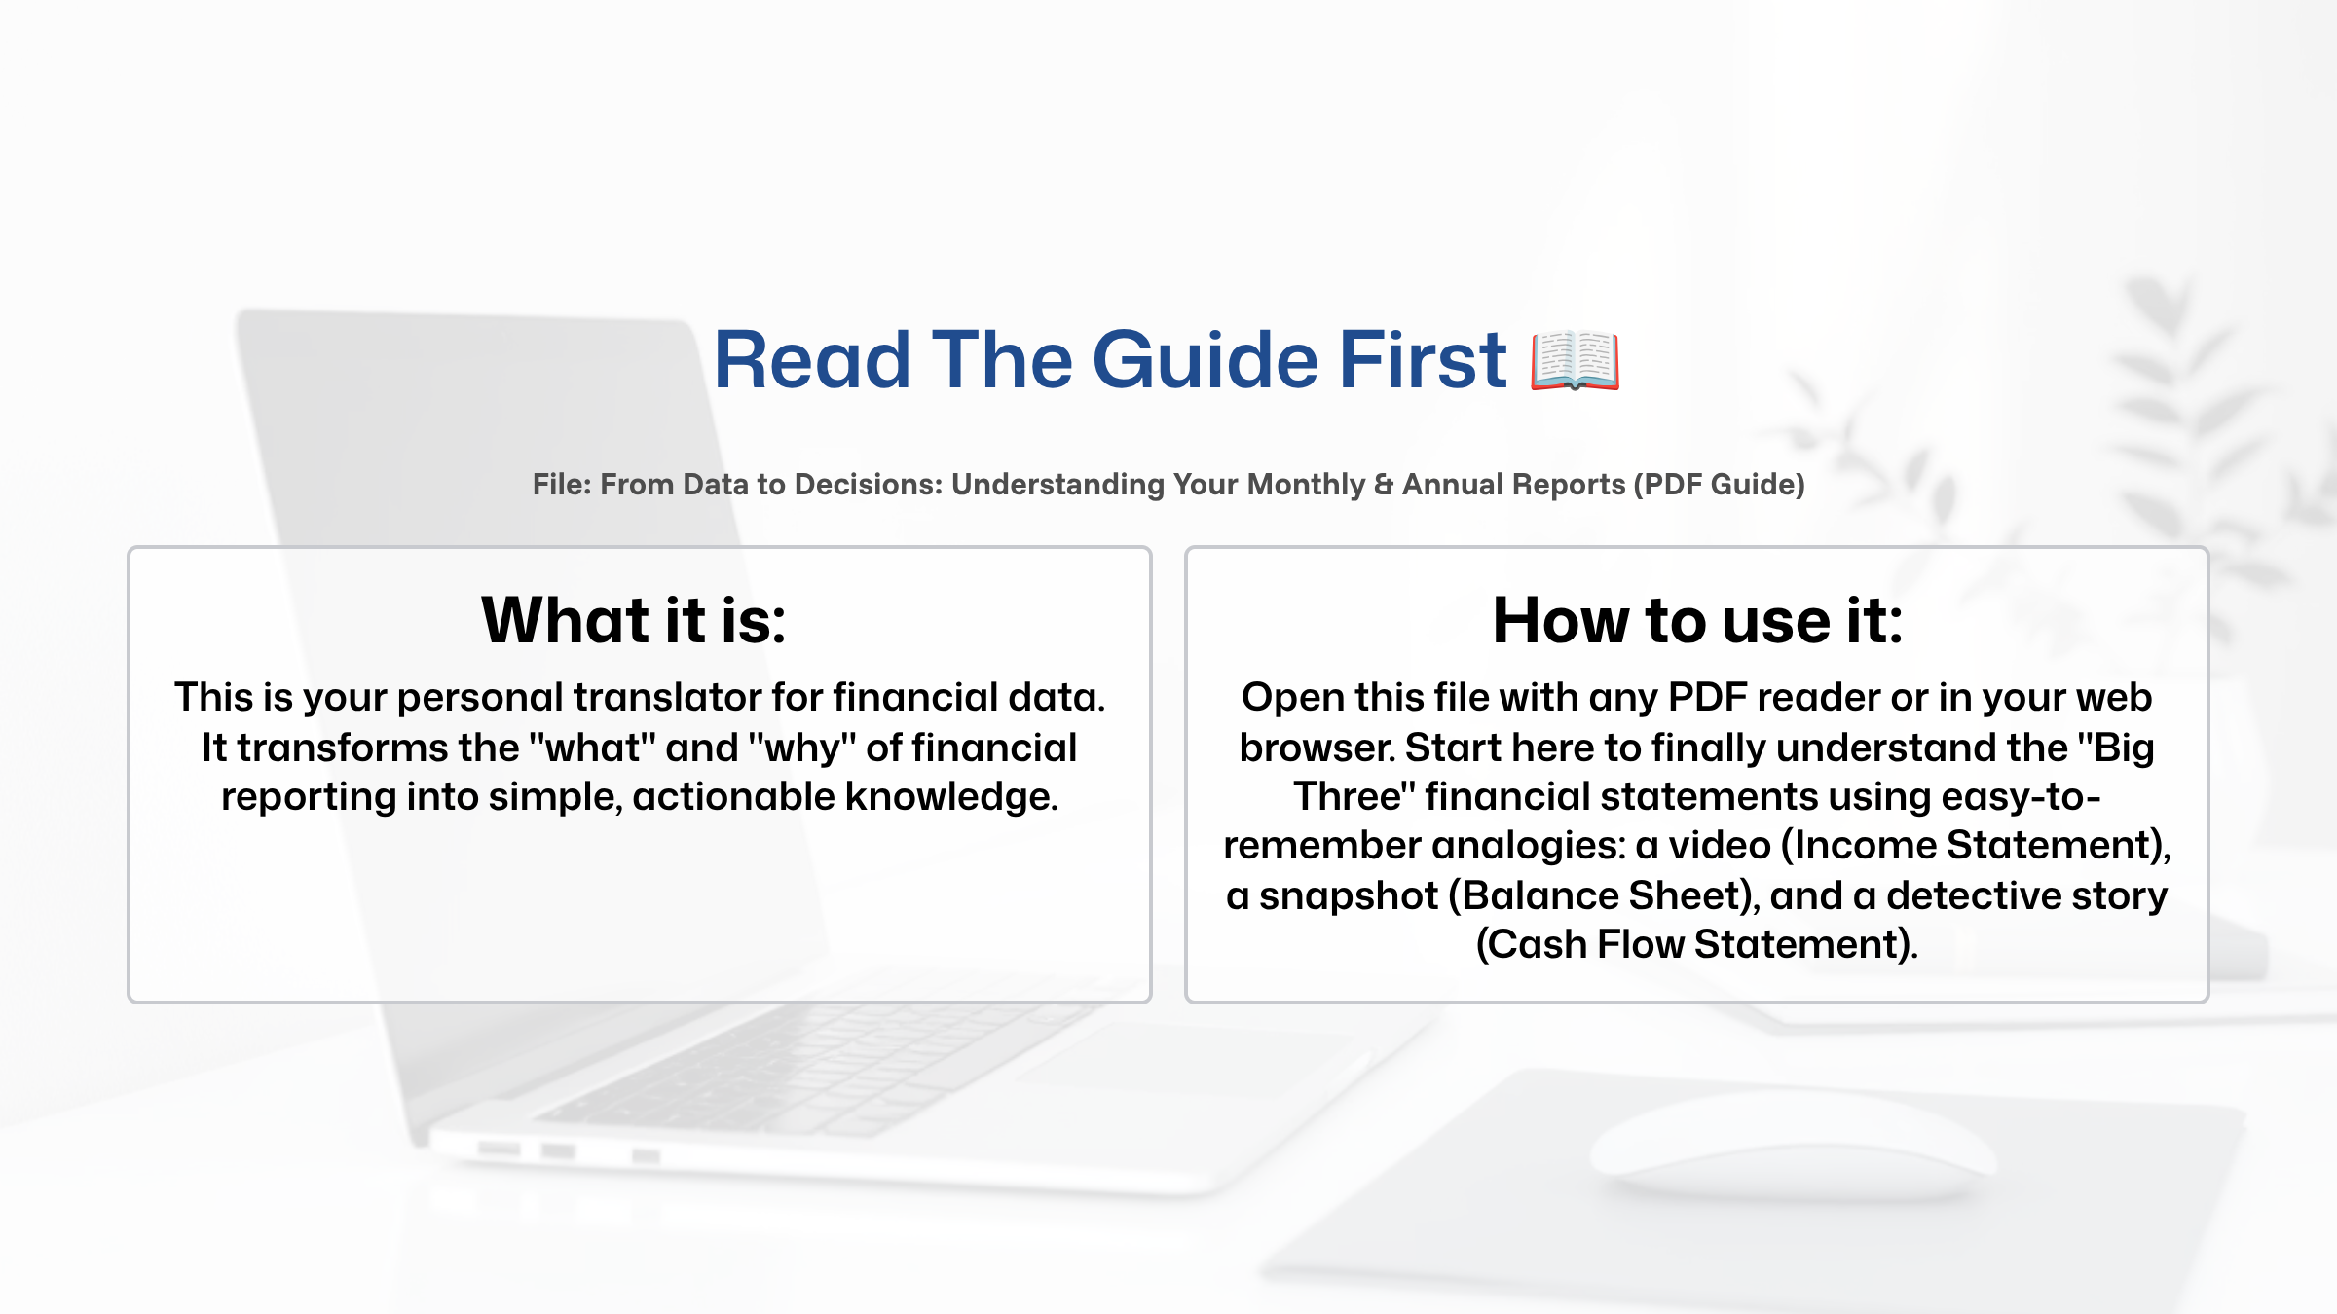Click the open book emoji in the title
pyautogui.click(x=1575, y=361)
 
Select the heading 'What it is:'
pyautogui.click(x=634, y=620)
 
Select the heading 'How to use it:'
pyautogui.click(x=1697, y=620)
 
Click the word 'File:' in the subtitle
pyautogui.click(x=562, y=485)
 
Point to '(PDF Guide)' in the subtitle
pyautogui.click(x=1719, y=485)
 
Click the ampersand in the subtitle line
pyautogui.click(x=1383, y=485)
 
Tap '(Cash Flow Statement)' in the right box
pyautogui.click(x=1697, y=945)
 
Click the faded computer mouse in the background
pyautogui.click(x=1792, y=1149)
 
